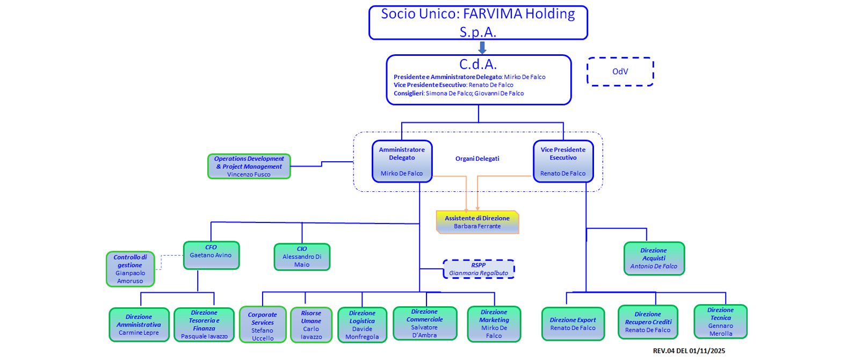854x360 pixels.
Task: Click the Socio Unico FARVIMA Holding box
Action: (478, 23)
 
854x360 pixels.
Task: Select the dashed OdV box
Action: (620, 71)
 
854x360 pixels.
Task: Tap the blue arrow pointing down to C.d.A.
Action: (482, 48)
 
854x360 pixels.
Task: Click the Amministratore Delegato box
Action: (402, 161)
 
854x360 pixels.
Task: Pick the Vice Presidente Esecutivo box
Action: (563, 161)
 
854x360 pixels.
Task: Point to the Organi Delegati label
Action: (477, 159)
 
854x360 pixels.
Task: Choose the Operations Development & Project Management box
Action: (249, 167)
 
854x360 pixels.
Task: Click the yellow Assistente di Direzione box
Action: (477, 222)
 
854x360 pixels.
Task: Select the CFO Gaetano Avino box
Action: (211, 255)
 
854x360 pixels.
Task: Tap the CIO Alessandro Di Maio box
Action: (302, 257)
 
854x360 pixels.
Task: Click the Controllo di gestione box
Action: (131, 269)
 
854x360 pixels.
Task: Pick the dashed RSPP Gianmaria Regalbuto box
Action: (478, 269)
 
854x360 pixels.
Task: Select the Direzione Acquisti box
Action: (654, 258)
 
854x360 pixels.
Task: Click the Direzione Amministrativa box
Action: (139, 325)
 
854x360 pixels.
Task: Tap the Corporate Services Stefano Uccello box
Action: (262, 325)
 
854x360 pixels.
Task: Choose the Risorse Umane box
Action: (311, 325)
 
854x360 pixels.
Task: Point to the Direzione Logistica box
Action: (362, 325)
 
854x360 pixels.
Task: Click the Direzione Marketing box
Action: (494, 324)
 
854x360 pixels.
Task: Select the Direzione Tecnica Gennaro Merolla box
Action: (720, 322)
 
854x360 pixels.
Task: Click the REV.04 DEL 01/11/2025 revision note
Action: (689, 351)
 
